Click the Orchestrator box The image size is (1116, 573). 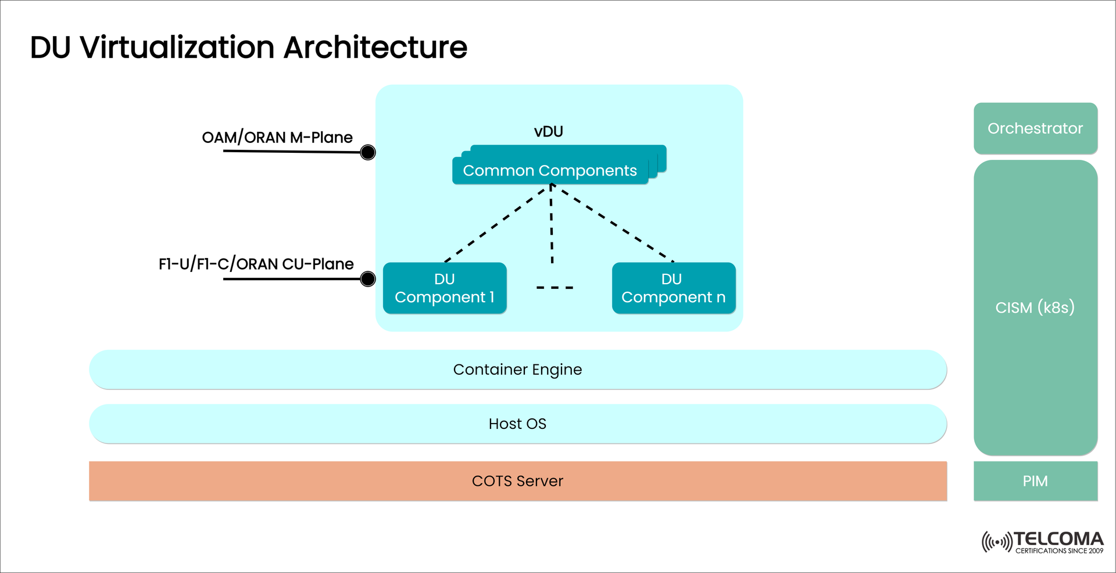click(x=1035, y=128)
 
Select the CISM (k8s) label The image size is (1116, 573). click(x=1035, y=307)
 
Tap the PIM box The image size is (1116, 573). click(x=1035, y=481)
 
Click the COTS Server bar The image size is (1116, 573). click(x=517, y=481)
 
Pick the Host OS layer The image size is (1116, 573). click(x=517, y=424)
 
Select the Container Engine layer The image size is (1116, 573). click(x=517, y=370)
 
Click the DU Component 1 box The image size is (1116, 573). click(x=445, y=288)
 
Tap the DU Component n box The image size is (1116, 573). click(x=674, y=288)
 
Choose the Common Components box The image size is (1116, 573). click(x=550, y=171)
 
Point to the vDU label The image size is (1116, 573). click(x=548, y=131)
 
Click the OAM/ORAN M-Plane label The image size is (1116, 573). click(x=277, y=138)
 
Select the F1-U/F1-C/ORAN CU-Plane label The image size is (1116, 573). click(x=256, y=264)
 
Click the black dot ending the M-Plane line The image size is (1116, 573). click(x=368, y=153)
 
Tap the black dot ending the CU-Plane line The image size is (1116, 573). click(x=368, y=280)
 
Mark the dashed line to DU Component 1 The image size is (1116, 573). click(x=497, y=224)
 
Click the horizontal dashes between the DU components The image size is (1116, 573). click(x=555, y=288)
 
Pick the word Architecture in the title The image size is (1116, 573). click(x=375, y=48)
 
